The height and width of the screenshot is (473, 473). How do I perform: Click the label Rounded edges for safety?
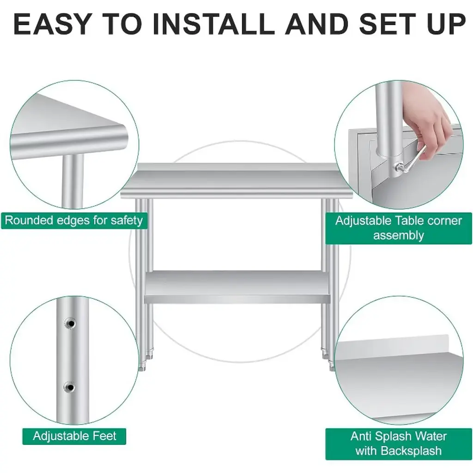74,220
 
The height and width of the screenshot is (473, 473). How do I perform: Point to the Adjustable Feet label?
74,436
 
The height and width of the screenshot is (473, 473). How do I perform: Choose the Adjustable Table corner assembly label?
399,228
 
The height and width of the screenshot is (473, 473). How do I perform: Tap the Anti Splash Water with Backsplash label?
399,444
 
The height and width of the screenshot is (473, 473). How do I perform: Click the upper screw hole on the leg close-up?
70,324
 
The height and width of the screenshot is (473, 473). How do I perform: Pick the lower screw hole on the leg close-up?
70,387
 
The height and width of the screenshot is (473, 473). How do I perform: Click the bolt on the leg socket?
398,166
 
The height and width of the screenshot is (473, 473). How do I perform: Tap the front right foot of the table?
332,366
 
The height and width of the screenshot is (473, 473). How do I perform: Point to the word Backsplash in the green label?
411,451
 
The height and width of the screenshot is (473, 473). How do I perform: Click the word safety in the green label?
127,220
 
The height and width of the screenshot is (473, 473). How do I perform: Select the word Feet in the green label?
104,436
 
